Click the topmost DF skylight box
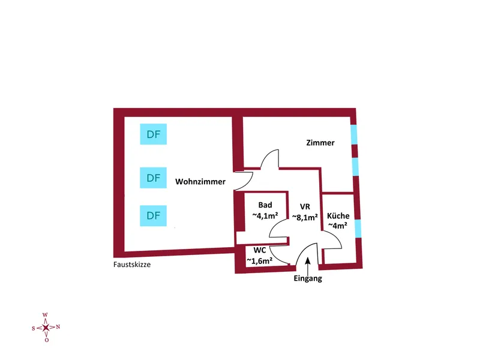pyautogui.click(x=153, y=134)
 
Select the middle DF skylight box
pyautogui.click(x=153, y=178)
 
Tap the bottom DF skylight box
pyautogui.click(x=153, y=215)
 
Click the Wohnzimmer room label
pyautogui.click(x=200, y=181)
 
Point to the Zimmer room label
pyautogui.click(x=320, y=143)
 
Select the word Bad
pyautogui.click(x=265, y=205)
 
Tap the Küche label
pyautogui.click(x=338, y=216)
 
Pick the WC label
pyautogui.click(x=260, y=250)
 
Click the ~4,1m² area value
pyautogui.click(x=264, y=215)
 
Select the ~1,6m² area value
pyautogui.click(x=260, y=260)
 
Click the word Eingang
pyautogui.click(x=308, y=278)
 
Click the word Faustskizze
pyautogui.click(x=131, y=263)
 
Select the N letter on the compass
pyautogui.click(x=58, y=327)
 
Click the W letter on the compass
pyautogui.click(x=46, y=314)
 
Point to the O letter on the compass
pyautogui.click(x=46, y=340)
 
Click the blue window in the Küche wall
pyautogui.click(x=358, y=229)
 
